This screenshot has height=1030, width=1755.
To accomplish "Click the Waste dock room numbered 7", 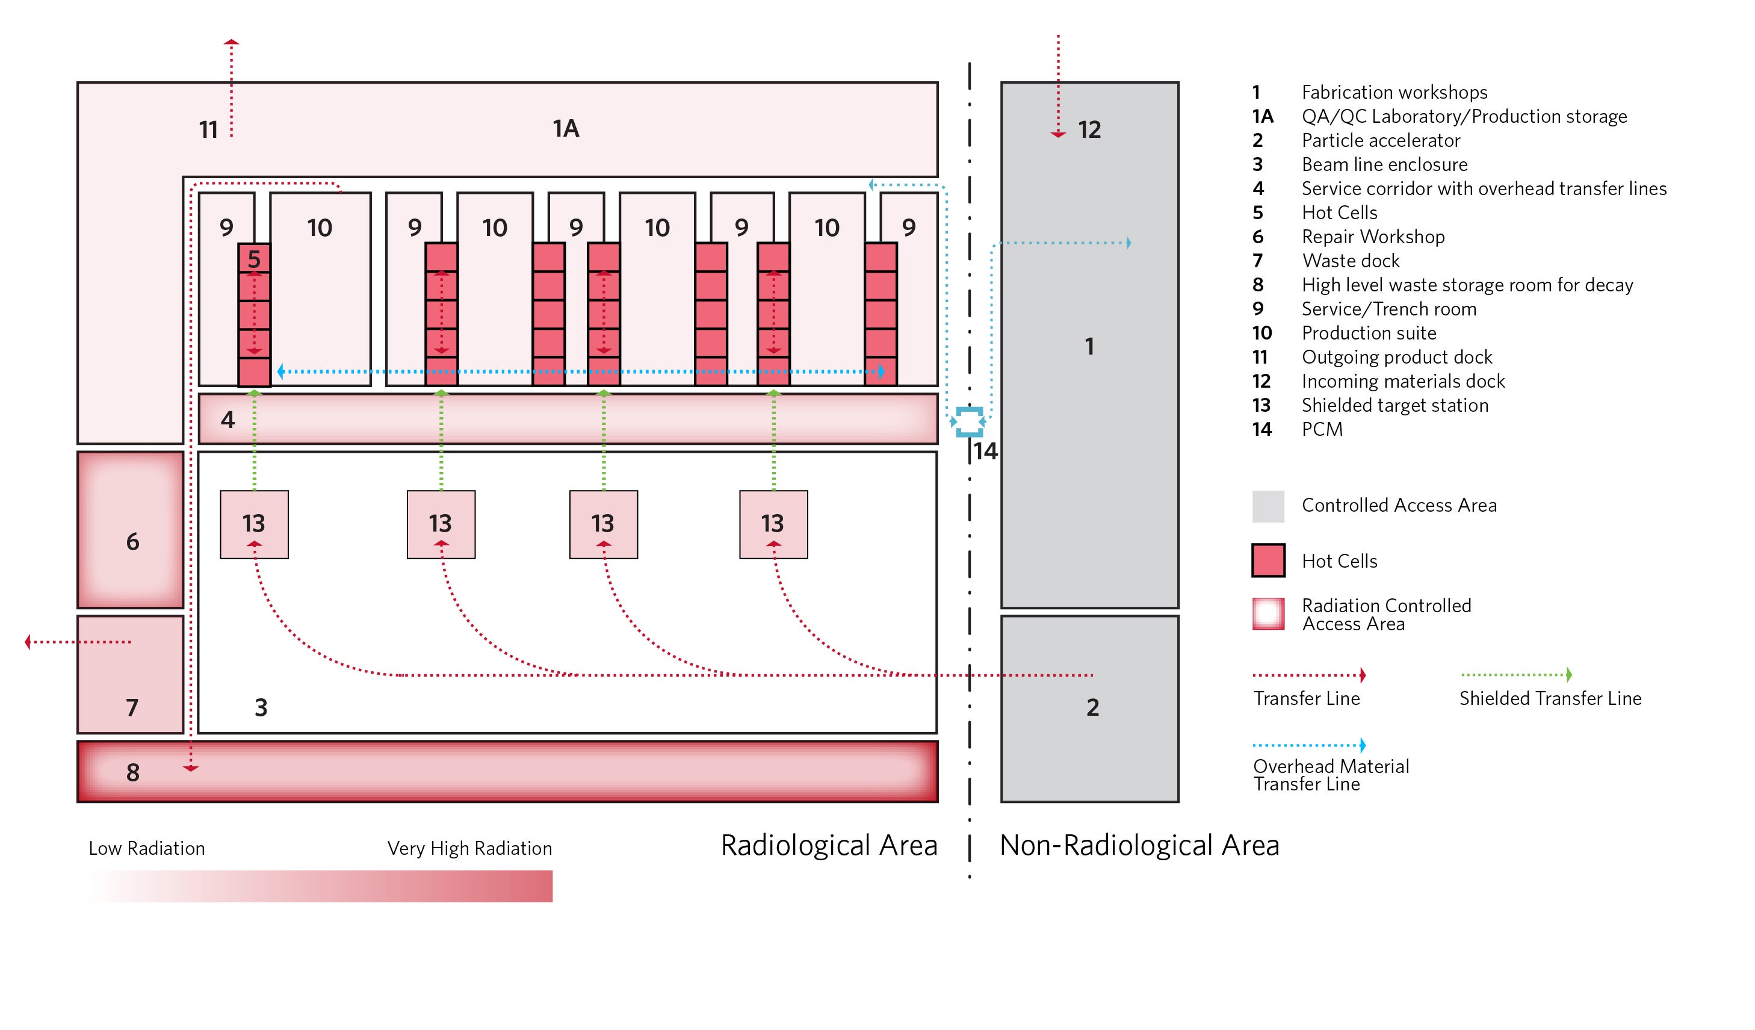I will (x=131, y=674).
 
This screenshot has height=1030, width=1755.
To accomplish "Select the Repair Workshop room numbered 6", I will (x=131, y=529).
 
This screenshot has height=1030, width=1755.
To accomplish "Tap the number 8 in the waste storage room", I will (x=133, y=772).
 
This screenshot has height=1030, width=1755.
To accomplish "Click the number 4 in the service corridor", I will (x=227, y=419).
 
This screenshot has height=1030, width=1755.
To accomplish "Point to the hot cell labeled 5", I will (x=254, y=259).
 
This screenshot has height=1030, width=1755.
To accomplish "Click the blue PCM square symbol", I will (x=969, y=421).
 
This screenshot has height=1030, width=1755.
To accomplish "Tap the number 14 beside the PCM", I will (x=985, y=451).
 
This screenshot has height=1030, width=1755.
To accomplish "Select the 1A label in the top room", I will (x=566, y=129).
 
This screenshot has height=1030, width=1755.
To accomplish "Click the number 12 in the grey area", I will (x=1089, y=129).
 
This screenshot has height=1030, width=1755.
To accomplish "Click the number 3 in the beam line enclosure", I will (x=261, y=707).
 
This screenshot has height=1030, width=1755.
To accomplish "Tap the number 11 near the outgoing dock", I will (x=208, y=130).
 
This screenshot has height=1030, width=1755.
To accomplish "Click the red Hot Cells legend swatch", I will (x=1268, y=560).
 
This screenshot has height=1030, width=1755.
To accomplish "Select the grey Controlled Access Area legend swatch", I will (x=1268, y=506).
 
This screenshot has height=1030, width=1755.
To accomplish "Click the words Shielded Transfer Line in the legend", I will (x=1550, y=698).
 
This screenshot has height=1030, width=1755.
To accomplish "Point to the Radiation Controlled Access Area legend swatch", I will (x=1268, y=613).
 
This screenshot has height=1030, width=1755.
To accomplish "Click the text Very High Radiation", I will (x=469, y=848).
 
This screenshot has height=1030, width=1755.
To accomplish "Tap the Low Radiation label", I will (x=147, y=848).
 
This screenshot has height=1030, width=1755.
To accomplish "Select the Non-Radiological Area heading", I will (x=1139, y=845).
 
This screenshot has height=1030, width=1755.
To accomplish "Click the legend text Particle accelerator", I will (x=1380, y=141).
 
